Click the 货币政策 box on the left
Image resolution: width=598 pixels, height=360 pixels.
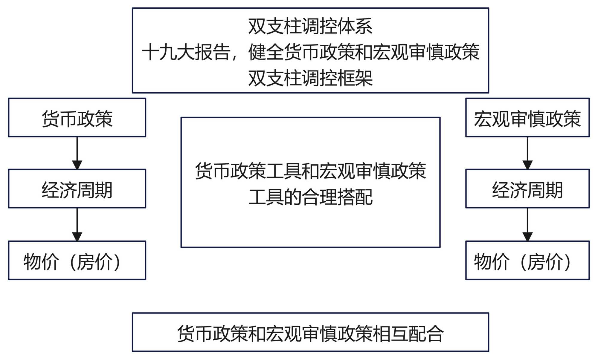click(77, 118)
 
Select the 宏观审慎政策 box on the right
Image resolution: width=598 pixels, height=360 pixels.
click(527, 118)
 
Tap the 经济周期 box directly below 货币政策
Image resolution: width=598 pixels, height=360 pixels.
click(77, 189)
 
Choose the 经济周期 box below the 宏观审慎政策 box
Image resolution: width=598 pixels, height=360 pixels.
click(527, 189)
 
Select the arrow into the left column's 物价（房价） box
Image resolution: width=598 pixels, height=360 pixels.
click(77, 224)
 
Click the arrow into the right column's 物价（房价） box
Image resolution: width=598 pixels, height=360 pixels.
click(527, 224)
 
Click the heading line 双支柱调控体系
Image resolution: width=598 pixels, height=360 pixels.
click(310, 26)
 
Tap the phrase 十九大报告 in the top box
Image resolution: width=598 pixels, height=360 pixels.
click(186, 52)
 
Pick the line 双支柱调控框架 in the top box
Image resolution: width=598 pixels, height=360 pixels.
click(310, 78)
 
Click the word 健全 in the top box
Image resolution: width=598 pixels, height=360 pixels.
click(266, 52)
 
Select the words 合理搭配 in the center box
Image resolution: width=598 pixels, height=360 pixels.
click(337, 197)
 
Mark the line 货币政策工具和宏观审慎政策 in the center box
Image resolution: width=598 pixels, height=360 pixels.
click(310, 171)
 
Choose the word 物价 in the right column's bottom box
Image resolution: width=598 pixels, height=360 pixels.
click(492, 262)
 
